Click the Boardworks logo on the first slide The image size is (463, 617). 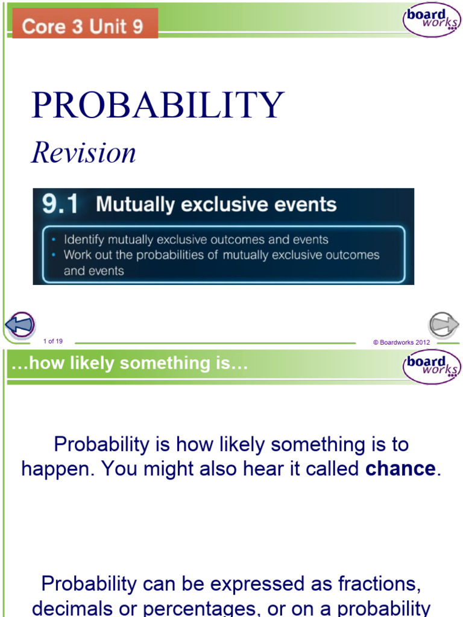pyautogui.click(x=431, y=20)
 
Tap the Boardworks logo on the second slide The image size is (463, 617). pyautogui.click(x=431, y=366)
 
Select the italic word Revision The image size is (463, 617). pyautogui.click(x=84, y=152)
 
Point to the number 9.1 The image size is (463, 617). pyautogui.click(x=60, y=205)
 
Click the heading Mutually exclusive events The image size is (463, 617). pyautogui.click(x=216, y=205)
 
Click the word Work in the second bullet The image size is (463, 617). pyautogui.click(x=78, y=255)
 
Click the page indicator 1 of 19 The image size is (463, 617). pyautogui.click(x=53, y=342)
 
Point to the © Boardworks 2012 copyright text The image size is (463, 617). pyautogui.click(x=401, y=342)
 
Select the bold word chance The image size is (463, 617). pyautogui.click(x=400, y=469)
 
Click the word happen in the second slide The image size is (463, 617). pyautogui.click(x=57, y=469)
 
